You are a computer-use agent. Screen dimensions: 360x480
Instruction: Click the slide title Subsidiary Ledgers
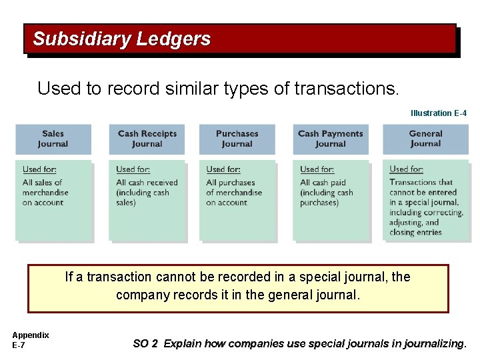[121, 39]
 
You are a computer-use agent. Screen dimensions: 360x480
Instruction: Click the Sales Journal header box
[53, 139]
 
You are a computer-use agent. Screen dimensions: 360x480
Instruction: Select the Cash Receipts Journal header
[147, 139]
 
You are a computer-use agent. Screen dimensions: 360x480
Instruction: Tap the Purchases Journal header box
[237, 139]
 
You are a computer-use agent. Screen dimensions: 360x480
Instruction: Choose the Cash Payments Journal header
[330, 139]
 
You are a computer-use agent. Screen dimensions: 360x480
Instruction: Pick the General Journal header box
[425, 139]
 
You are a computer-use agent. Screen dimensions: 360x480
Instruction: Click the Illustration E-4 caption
[438, 113]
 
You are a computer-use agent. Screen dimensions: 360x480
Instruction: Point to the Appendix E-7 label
[30, 340]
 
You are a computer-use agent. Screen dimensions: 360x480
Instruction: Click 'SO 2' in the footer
[145, 344]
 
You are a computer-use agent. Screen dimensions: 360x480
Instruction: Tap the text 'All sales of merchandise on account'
[45, 192]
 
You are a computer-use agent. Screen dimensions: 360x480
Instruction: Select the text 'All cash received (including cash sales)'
[147, 192]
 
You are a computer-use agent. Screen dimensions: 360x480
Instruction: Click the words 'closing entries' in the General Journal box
[415, 232]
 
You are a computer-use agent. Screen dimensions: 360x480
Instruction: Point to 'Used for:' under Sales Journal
[40, 169]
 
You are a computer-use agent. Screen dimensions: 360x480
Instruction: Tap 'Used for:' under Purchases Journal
[224, 169]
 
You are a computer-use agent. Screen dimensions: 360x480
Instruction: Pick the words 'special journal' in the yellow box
[339, 277]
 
